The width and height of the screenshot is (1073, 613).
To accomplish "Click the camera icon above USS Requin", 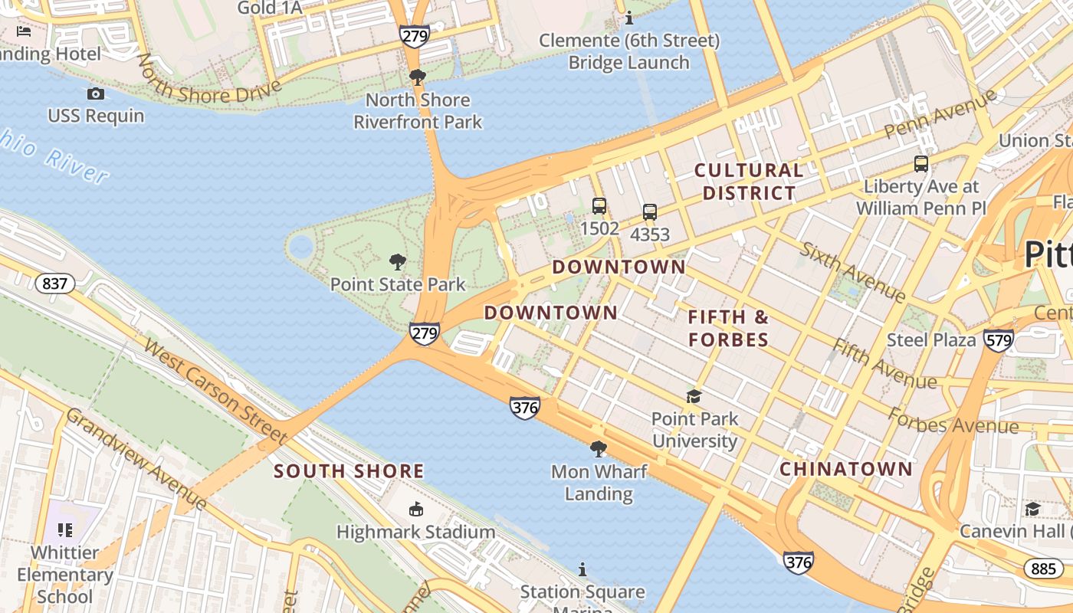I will pos(96,93).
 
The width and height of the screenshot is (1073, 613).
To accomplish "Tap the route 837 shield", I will pos(55,284).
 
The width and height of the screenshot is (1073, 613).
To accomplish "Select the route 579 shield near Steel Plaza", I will pos(999,339).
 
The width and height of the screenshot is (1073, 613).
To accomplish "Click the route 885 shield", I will pos(1043,568).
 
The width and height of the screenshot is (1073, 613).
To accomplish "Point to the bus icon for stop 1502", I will pos(599,206).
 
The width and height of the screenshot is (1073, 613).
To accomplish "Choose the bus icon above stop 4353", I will pos(650,212).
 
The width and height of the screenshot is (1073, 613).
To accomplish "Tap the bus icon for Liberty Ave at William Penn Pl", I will pos(921,164).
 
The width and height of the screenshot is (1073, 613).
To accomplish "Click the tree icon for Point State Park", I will pos(397,262).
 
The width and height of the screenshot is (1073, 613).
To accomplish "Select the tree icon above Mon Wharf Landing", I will pos(599,449).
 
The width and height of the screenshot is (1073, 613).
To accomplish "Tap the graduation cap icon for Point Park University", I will pos(694,396).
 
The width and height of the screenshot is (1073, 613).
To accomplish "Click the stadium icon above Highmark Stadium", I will pos(416,509).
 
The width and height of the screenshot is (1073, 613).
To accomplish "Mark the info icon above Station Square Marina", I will pos(582,569).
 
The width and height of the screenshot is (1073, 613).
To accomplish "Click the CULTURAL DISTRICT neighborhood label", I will pos(749,182).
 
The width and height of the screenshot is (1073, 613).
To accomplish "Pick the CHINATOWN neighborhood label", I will pos(846,469).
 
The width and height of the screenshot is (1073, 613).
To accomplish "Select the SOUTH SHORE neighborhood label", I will pos(349,470).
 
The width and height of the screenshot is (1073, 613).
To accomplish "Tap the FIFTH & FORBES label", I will pos(728,328).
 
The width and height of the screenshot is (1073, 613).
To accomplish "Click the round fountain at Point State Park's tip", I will pos(300,246).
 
